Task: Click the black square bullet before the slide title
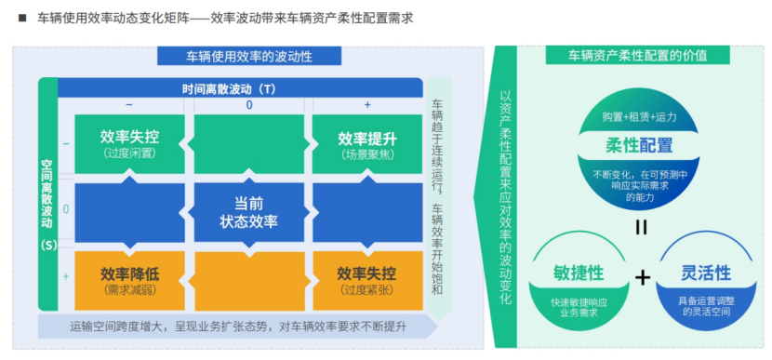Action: pyautogui.click(x=20, y=18)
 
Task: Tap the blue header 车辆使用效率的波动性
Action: pyautogui.click(x=248, y=56)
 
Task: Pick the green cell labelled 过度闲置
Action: pyautogui.click(x=130, y=143)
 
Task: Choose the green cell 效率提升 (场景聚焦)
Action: pyautogui.click(x=366, y=143)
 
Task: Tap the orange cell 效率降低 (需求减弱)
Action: pyautogui.click(x=130, y=279)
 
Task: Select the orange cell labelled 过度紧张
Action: pyautogui.click(x=366, y=279)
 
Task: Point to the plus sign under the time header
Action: pyautogui.click(x=367, y=105)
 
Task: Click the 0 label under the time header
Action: pyautogui.click(x=249, y=105)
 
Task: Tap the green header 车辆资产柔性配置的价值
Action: pyautogui.click(x=638, y=55)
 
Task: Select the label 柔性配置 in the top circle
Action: pyautogui.click(x=639, y=146)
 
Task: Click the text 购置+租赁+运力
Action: pyautogui.click(x=639, y=117)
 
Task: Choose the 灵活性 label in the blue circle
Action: pyautogui.click(x=706, y=273)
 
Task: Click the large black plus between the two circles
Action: pyautogui.click(x=642, y=276)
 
